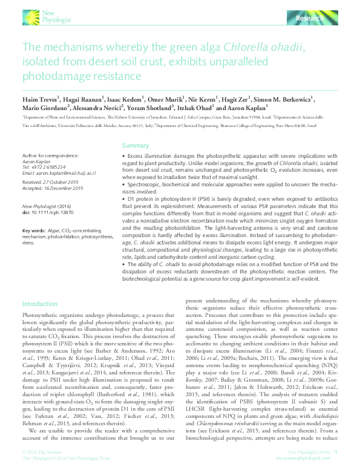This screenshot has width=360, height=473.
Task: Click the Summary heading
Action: [x=136, y=146]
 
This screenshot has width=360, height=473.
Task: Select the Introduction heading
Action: [x=40, y=303]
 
